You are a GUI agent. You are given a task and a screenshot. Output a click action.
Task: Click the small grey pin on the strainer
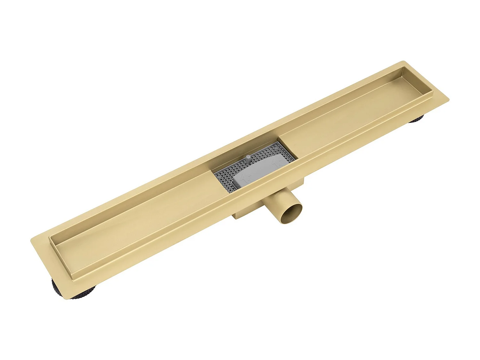pos(248,159)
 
